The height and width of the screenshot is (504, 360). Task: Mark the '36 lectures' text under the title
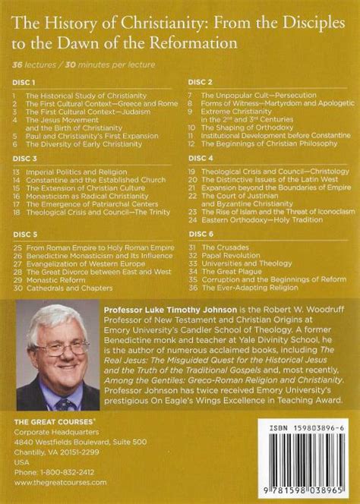[x=31, y=60]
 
